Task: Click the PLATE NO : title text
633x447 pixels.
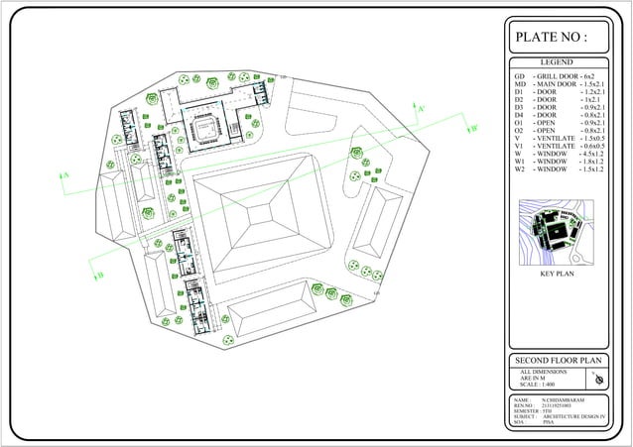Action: point(552,38)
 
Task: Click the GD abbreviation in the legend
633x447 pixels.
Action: point(519,76)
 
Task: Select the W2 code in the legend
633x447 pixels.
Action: point(519,169)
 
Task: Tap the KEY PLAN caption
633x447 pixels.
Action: point(557,273)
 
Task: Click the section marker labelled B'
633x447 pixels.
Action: point(474,127)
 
